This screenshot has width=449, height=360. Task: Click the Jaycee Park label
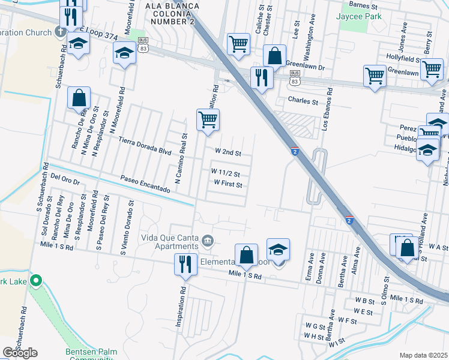point(360,17)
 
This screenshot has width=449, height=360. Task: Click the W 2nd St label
point(227,153)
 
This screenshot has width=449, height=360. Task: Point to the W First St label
point(228,184)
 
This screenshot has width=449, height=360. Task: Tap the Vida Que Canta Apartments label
point(170,241)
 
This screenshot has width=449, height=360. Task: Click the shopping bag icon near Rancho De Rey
point(79,98)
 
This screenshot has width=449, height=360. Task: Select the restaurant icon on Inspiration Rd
point(185,264)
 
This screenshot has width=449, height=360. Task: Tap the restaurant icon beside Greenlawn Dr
point(262,77)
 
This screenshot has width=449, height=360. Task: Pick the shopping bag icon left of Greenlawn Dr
point(274,56)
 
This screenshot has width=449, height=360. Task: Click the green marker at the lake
point(36,280)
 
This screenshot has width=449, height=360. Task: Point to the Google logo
point(19,353)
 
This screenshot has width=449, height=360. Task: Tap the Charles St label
point(303,101)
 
